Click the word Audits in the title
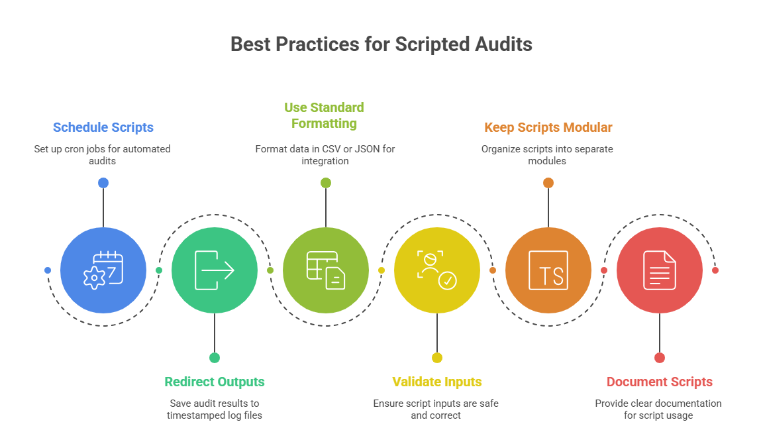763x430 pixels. pyautogui.click(x=503, y=44)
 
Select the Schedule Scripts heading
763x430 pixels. pyautogui.click(x=103, y=127)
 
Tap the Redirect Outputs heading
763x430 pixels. pyautogui.click(x=215, y=382)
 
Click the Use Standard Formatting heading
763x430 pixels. pyautogui.click(x=324, y=115)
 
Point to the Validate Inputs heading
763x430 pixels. pyautogui.click(x=437, y=382)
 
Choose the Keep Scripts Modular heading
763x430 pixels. pyautogui.click(x=548, y=127)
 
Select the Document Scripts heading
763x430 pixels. pyautogui.click(x=660, y=382)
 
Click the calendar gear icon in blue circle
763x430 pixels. pyautogui.click(x=103, y=270)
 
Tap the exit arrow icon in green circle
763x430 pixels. pyautogui.click(x=215, y=270)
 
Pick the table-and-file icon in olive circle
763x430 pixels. pyautogui.click(x=326, y=270)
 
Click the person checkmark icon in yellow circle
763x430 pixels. pyautogui.click(x=437, y=270)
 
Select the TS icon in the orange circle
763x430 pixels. pyautogui.click(x=548, y=270)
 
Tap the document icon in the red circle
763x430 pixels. pyautogui.click(x=660, y=270)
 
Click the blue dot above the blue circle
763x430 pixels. pyautogui.click(x=103, y=183)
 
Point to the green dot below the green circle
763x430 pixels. pyautogui.click(x=215, y=358)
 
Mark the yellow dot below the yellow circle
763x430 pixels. pyautogui.click(x=437, y=358)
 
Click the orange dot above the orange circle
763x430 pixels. pyautogui.click(x=548, y=183)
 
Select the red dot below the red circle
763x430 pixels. pyautogui.click(x=660, y=358)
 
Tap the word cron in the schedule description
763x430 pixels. pyautogui.click(x=74, y=149)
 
